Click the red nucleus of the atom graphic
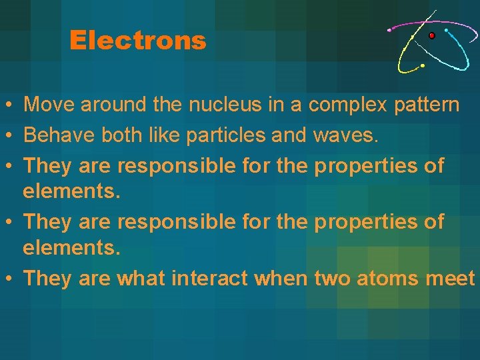[432, 35]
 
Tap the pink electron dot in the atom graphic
[390, 29]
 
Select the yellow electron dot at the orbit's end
[422, 66]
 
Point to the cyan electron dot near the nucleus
[446, 30]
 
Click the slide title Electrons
[137, 41]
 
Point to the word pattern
[426, 105]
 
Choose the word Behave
[59, 135]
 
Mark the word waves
[345, 135]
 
